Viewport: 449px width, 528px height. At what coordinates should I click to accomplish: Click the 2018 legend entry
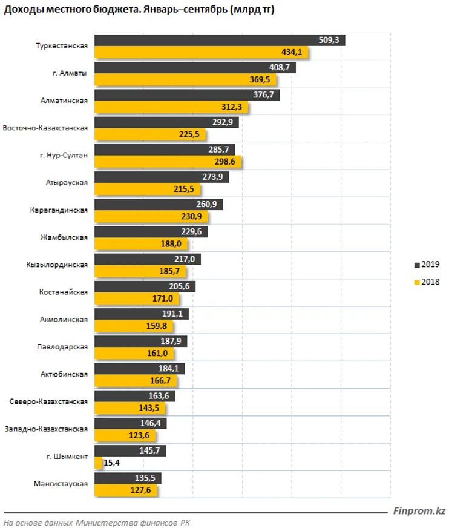tap(427, 281)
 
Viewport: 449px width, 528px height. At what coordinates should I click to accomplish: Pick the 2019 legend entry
tap(427, 265)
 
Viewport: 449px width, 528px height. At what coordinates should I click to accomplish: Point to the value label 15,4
tap(113, 463)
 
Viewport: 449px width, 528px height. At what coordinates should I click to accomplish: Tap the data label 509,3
tap(330, 41)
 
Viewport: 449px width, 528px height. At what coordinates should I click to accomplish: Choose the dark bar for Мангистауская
tap(128, 478)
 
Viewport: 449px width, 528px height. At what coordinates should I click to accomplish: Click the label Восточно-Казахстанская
tap(45, 128)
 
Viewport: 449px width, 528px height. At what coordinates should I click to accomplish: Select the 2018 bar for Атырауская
tap(151, 190)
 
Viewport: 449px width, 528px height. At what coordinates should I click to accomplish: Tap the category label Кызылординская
tap(57, 265)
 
